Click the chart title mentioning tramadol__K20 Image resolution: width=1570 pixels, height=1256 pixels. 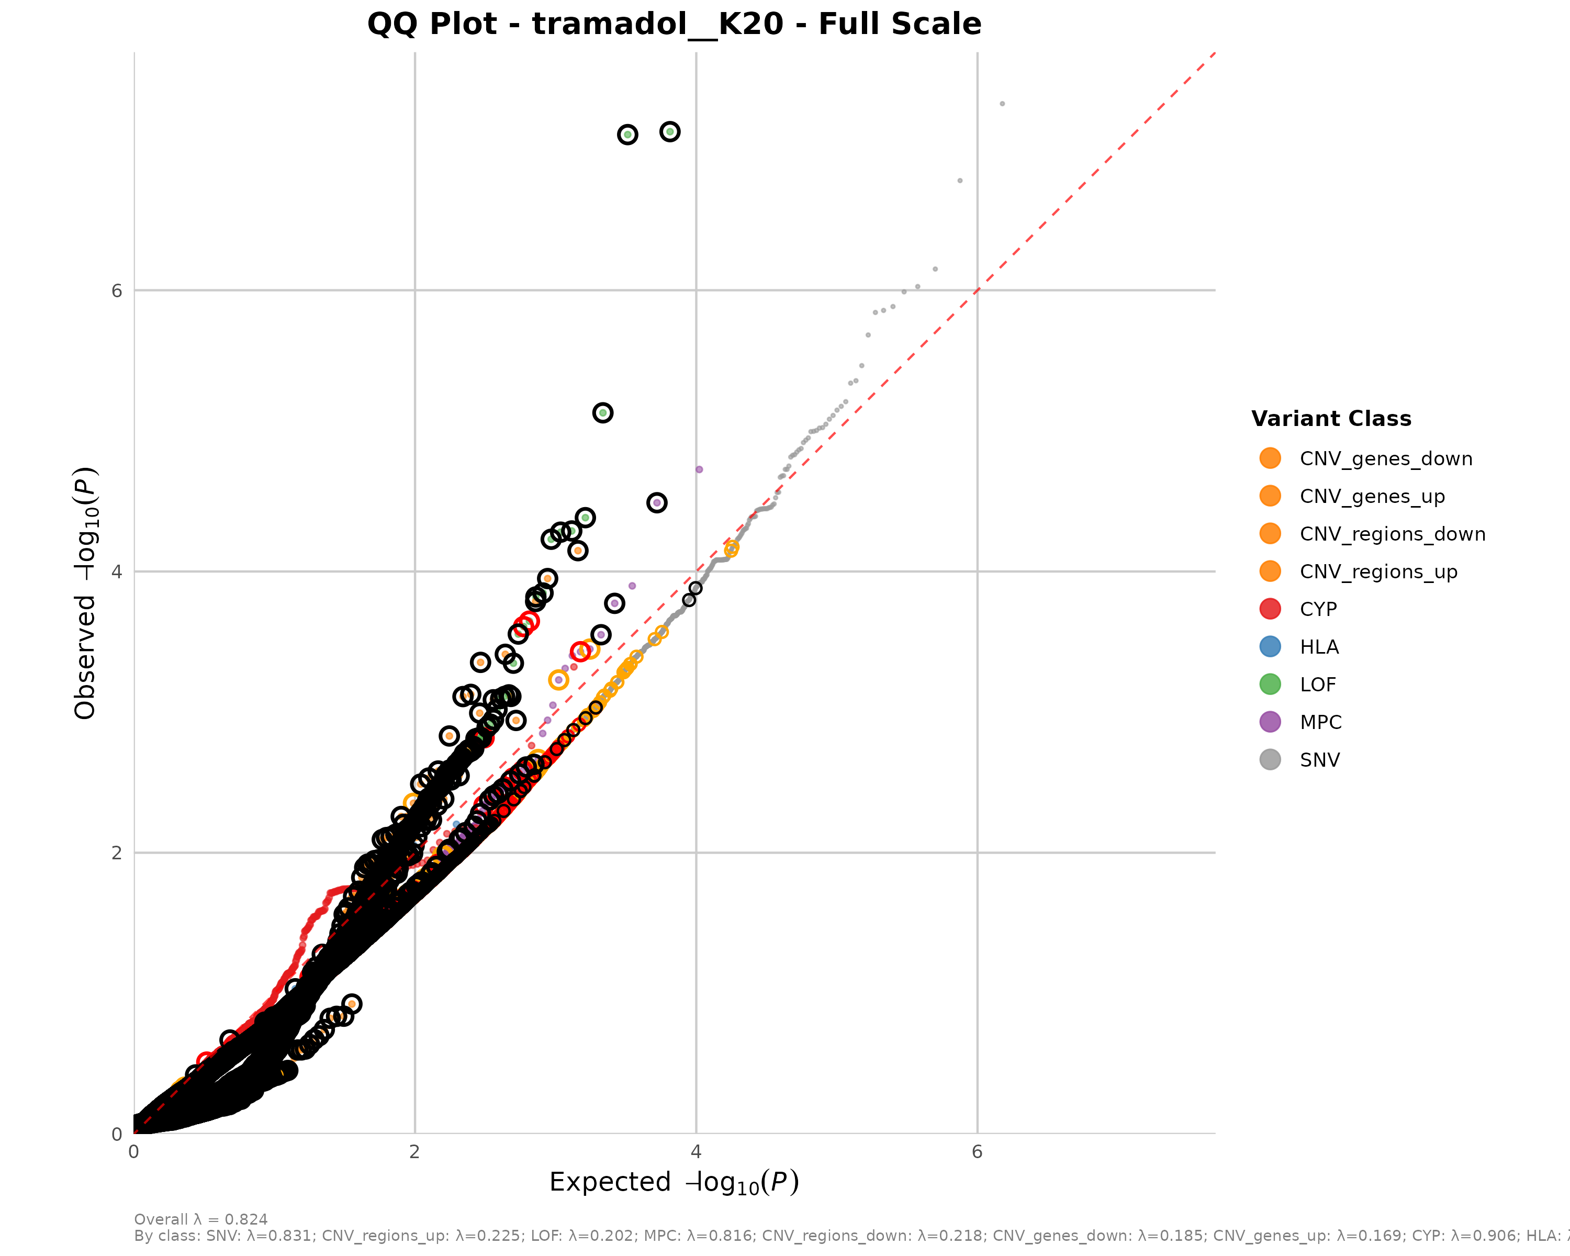674,24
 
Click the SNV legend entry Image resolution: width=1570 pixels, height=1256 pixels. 1319,760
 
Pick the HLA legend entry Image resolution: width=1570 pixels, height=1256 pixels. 1319,647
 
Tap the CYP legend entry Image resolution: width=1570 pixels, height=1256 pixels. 1318,610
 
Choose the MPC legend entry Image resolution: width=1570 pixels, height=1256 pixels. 1320,722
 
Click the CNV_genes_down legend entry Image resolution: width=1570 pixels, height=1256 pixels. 1386,459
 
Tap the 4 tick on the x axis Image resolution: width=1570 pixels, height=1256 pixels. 696,1151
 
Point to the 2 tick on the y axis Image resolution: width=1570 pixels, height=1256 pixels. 117,853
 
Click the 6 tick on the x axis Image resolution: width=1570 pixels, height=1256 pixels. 977,1151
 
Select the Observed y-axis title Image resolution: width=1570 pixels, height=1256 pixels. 85,593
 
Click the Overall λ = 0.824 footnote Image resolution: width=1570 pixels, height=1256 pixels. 201,1219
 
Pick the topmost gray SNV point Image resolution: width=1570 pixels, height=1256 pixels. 1002,104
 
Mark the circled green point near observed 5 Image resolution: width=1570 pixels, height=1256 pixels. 602,413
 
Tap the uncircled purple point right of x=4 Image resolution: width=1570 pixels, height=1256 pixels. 699,469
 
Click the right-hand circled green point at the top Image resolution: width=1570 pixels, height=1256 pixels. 670,132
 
